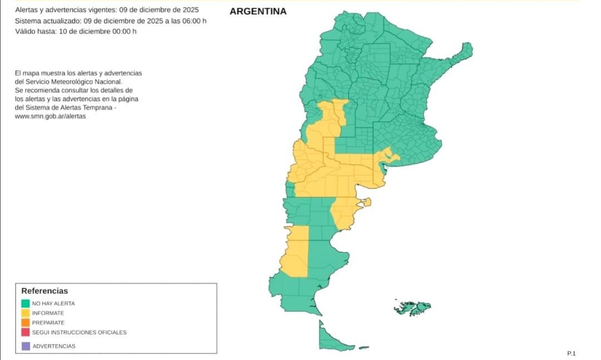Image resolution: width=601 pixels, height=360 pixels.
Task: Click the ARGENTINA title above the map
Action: pyautogui.click(x=258, y=11)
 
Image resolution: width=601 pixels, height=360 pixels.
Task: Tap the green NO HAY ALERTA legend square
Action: pyautogui.click(x=26, y=304)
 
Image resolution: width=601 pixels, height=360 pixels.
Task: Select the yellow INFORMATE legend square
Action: pyautogui.click(x=26, y=313)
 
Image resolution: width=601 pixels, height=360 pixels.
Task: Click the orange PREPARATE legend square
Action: pyautogui.click(x=26, y=323)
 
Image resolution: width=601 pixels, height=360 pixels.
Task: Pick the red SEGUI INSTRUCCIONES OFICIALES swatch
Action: pyautogui.click(x=26, y=332)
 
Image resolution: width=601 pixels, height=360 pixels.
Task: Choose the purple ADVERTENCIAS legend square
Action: pyautogui.click(x=26, y=346)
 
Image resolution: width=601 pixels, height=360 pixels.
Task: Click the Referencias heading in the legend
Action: pyautogui.click(x=45, y=291)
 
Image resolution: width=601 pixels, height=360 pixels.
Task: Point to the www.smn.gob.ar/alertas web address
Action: pyautogui.click(x=51, y=116)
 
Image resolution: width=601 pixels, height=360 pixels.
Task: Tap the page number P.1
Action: pyautogui.click(x=571, y=353)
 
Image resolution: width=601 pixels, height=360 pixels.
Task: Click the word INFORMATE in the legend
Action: pyautogui.click(x=48, y=313)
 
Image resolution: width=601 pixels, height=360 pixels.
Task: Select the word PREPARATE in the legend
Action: pyautogui.click(x=48, y=323)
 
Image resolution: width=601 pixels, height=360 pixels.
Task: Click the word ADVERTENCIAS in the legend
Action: pyautogui.click(x=54, y=346)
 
